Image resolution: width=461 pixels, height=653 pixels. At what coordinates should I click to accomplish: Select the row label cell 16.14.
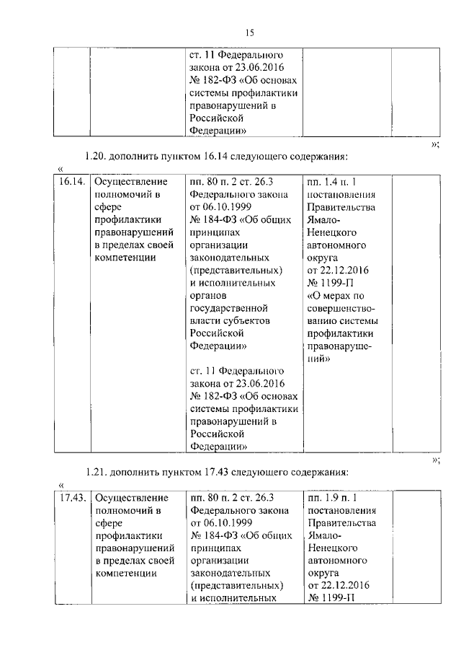tap(72, 180)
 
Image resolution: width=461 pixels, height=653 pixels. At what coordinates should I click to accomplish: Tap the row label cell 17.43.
tap(72, 497)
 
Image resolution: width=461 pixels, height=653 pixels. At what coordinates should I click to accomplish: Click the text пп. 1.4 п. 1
tap(332, 180)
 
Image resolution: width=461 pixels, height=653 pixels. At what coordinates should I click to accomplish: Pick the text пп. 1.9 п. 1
tap(332, 497)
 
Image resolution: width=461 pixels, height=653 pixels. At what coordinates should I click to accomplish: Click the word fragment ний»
tap(320, 359)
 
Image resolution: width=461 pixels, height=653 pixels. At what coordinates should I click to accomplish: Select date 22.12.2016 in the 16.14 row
tap(344, 269)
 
